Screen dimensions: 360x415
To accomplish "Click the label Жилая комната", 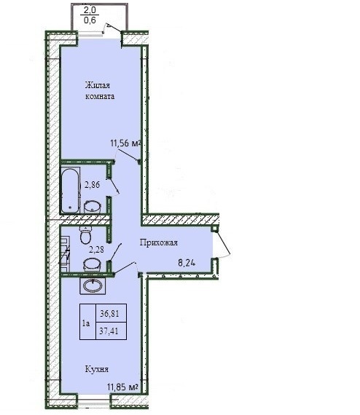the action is pos(100,91).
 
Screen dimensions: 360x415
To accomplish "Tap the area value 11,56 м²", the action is pos(125,143).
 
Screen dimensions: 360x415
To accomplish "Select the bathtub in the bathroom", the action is pos(70,190).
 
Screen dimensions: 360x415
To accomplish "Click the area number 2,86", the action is pos(92,184).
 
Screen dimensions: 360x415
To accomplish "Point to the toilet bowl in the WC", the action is pos(85,234).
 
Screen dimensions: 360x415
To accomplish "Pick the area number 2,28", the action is pos(96,249).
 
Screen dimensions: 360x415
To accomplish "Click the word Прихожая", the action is pos(159,242).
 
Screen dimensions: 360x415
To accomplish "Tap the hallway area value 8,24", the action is pos(187,263).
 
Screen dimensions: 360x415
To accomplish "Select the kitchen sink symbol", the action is pos(93,285).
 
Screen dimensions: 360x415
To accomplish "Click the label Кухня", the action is pos(97,369).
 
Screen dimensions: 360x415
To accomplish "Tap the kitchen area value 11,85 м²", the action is pos(122,387).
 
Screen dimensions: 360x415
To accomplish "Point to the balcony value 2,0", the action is pos(90,10).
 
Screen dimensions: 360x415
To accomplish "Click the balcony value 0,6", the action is pos(90,20).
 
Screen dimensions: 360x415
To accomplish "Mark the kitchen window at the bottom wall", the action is pos(94,404).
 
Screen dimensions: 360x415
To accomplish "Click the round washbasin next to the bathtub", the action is pos(92,207).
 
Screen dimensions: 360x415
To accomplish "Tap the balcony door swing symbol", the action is pos(111,28).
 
